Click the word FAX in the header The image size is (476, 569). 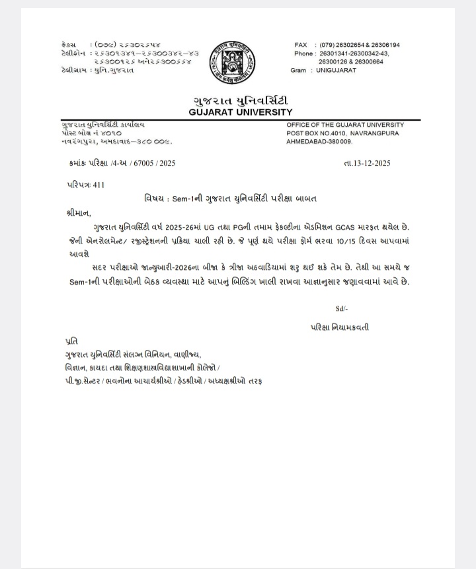[301, 45]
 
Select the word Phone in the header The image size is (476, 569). [304, 53]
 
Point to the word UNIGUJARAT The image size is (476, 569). [337, 70]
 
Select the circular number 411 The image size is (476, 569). [99, 185]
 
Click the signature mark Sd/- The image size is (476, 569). [342, 308]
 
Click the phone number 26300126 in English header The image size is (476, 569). [333, 62]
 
